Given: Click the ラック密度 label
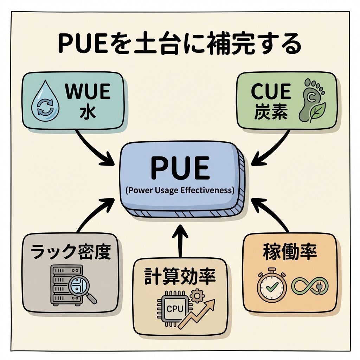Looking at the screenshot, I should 70,252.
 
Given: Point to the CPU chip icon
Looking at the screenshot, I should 172,308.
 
